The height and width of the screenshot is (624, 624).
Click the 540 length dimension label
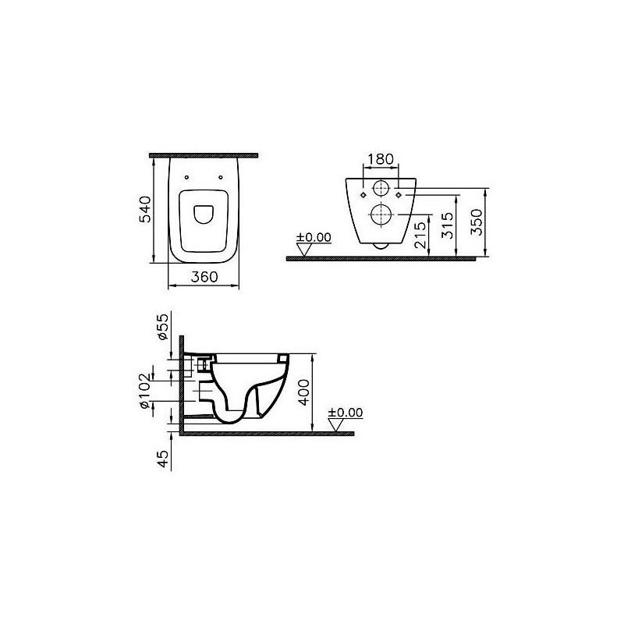point(145,209)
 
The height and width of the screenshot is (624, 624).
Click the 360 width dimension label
point(204,277)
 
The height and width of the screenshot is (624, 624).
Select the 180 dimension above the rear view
point(381,159)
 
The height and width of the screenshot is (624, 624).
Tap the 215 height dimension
point(420,236)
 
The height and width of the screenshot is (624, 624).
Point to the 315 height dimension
point(448,225)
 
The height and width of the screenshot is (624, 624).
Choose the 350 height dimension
point(477,222)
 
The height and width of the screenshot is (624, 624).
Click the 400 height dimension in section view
point(304,392)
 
